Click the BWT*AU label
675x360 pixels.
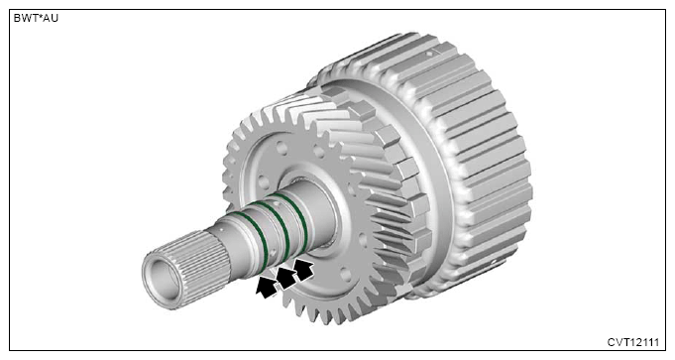click(36, 18)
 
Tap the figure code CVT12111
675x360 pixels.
click(632, 343)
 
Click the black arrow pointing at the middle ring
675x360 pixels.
click(286, 278)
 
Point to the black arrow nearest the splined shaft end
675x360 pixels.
click(267, 288)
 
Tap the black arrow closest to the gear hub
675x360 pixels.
click(303, 270)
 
